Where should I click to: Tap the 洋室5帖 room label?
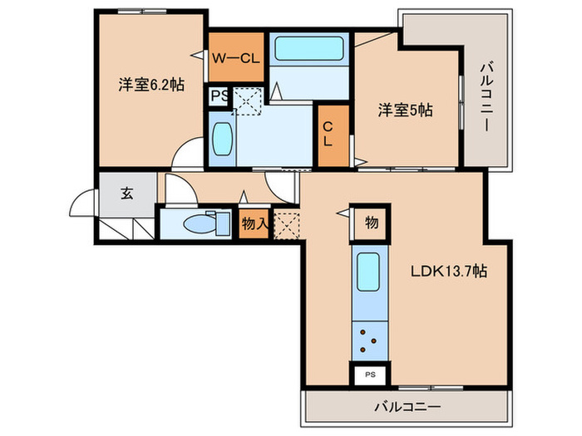(x=406, y=108)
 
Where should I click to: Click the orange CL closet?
(x=332, y=138)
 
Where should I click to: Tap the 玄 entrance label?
(x=126, y=194)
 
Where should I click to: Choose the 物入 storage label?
(x=254, y=223)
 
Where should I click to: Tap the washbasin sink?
(x=222, y=140)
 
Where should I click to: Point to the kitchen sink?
(x=369, y=271)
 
